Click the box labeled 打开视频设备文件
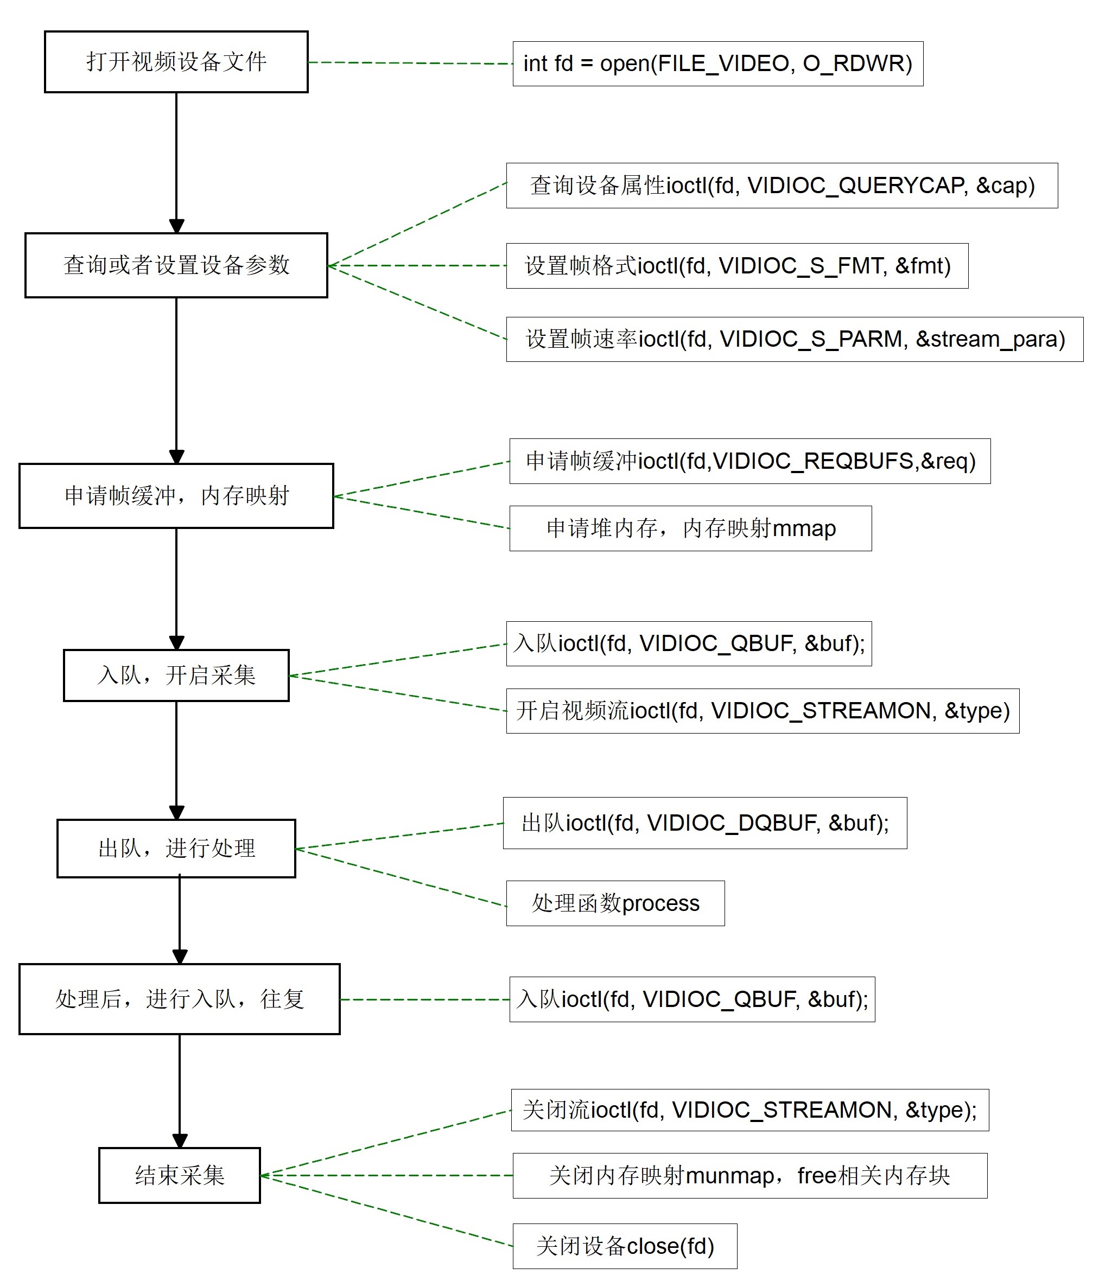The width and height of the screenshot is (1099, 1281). [x=176, y=62]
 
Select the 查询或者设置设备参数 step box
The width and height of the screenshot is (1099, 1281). [x=176, y=265]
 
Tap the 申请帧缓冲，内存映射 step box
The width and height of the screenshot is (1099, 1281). [x=176, y=496]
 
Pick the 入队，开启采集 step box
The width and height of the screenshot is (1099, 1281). [x=176, y=675]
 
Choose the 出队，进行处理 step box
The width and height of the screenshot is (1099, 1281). [x=176, y=848]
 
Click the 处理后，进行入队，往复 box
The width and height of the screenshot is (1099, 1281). [x=179, y=999]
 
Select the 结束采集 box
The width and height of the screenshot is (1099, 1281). [x=179, y=1175]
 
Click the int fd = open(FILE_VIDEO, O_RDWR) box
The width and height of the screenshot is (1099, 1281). [x=718, y=63]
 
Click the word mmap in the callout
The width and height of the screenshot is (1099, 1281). [x=804, y=529]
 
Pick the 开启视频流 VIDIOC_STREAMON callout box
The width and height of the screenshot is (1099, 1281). [x=763, y=711]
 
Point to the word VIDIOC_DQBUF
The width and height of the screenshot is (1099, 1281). [x=734, y=824]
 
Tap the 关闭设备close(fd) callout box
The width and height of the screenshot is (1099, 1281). [x=625, y=1246]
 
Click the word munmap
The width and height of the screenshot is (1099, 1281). [x=730, y=1176]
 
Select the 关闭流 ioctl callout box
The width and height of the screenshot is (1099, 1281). [x=749, y=1111]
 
